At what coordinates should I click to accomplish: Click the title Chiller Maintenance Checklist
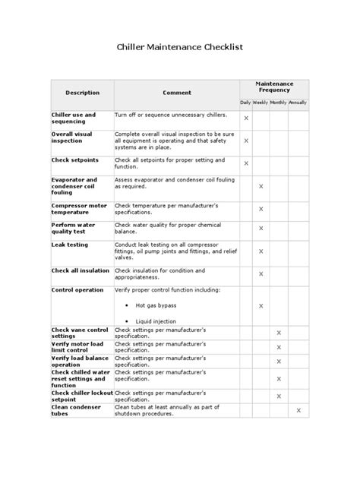click(179, 47)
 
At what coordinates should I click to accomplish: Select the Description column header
click(82, 93)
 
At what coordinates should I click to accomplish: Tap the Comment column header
click(177, 93)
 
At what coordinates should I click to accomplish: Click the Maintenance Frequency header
click(273, 87)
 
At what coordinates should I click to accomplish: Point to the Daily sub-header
click(245, 102)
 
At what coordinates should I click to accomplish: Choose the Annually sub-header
click(298, 102)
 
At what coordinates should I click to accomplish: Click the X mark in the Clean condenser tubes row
click(298, 410)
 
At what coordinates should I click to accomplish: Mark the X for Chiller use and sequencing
click(245, 118)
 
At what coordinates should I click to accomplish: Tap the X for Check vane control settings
click(279, 333)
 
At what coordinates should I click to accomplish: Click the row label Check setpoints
click(70, 160)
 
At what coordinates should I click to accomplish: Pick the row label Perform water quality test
click(73, 229)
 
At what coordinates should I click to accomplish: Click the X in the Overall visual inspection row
click(245, 141)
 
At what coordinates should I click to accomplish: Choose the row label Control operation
click(77, 289)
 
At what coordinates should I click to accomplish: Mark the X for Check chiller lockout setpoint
click(279, 396)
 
